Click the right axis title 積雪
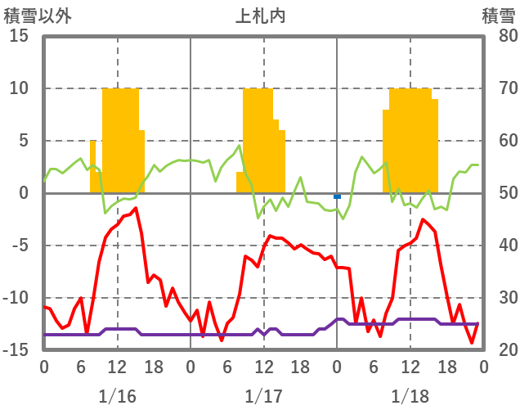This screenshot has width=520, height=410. pos(498,15)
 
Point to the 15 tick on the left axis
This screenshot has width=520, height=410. pos(19,37)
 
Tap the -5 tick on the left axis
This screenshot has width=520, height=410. pos(19,246)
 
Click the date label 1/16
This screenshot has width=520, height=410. pos(117,396)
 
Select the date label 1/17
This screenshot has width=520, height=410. pos(263,396)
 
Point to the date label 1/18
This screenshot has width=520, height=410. pos(410,396)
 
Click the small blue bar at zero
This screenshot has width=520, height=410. pos(337,196)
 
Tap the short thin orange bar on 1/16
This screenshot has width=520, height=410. pos(92,166)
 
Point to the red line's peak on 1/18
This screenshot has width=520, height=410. pos(423,219)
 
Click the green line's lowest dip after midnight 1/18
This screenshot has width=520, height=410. pos(343,219)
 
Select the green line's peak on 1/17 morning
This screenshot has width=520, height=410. pos(240,146)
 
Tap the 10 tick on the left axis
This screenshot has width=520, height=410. pos(19,88)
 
